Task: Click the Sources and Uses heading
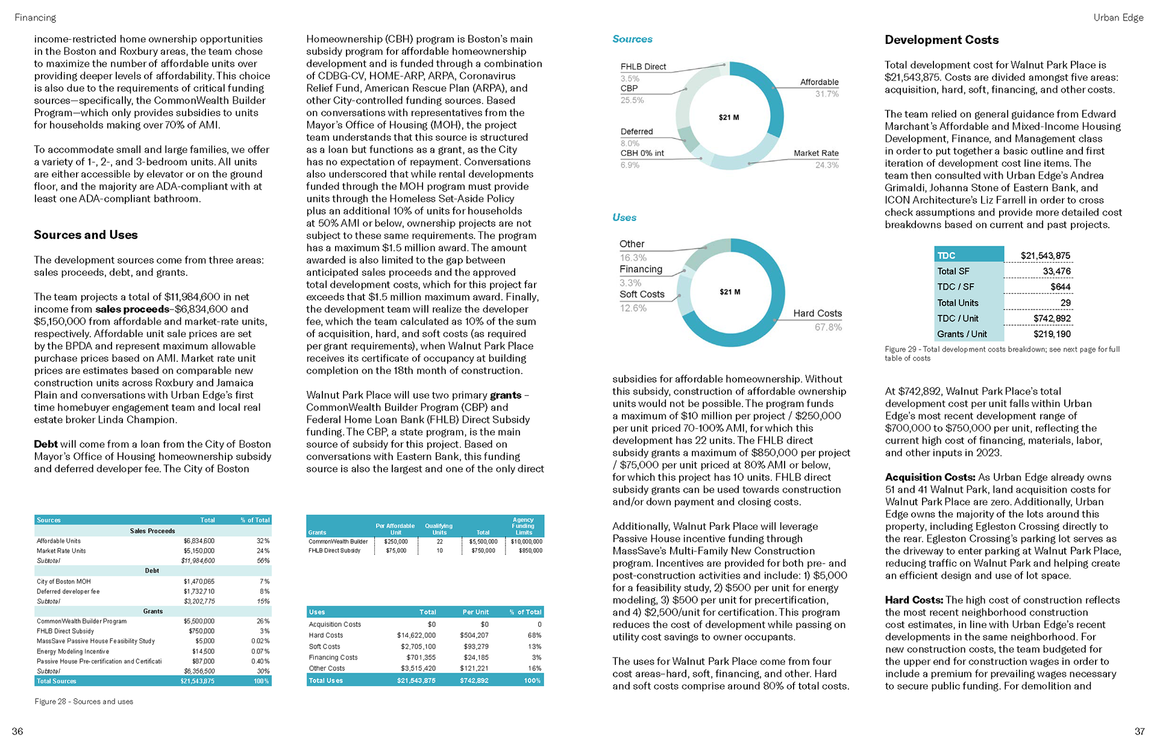86,235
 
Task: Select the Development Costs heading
941,40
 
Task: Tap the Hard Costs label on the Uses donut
817,313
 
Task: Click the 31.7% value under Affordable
827,94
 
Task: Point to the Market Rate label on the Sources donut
816,153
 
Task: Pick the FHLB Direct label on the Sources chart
643,67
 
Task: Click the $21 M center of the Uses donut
730,292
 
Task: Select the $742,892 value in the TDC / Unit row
1052,319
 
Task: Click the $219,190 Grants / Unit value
1052,334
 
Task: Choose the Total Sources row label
57,681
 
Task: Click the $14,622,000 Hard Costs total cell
416,635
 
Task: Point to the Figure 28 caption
84,702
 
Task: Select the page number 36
17,731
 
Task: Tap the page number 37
1139,731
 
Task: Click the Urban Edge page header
1118,17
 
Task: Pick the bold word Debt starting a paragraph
46,444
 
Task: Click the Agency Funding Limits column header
523,526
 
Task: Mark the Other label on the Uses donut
632,244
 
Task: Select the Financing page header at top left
36,17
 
